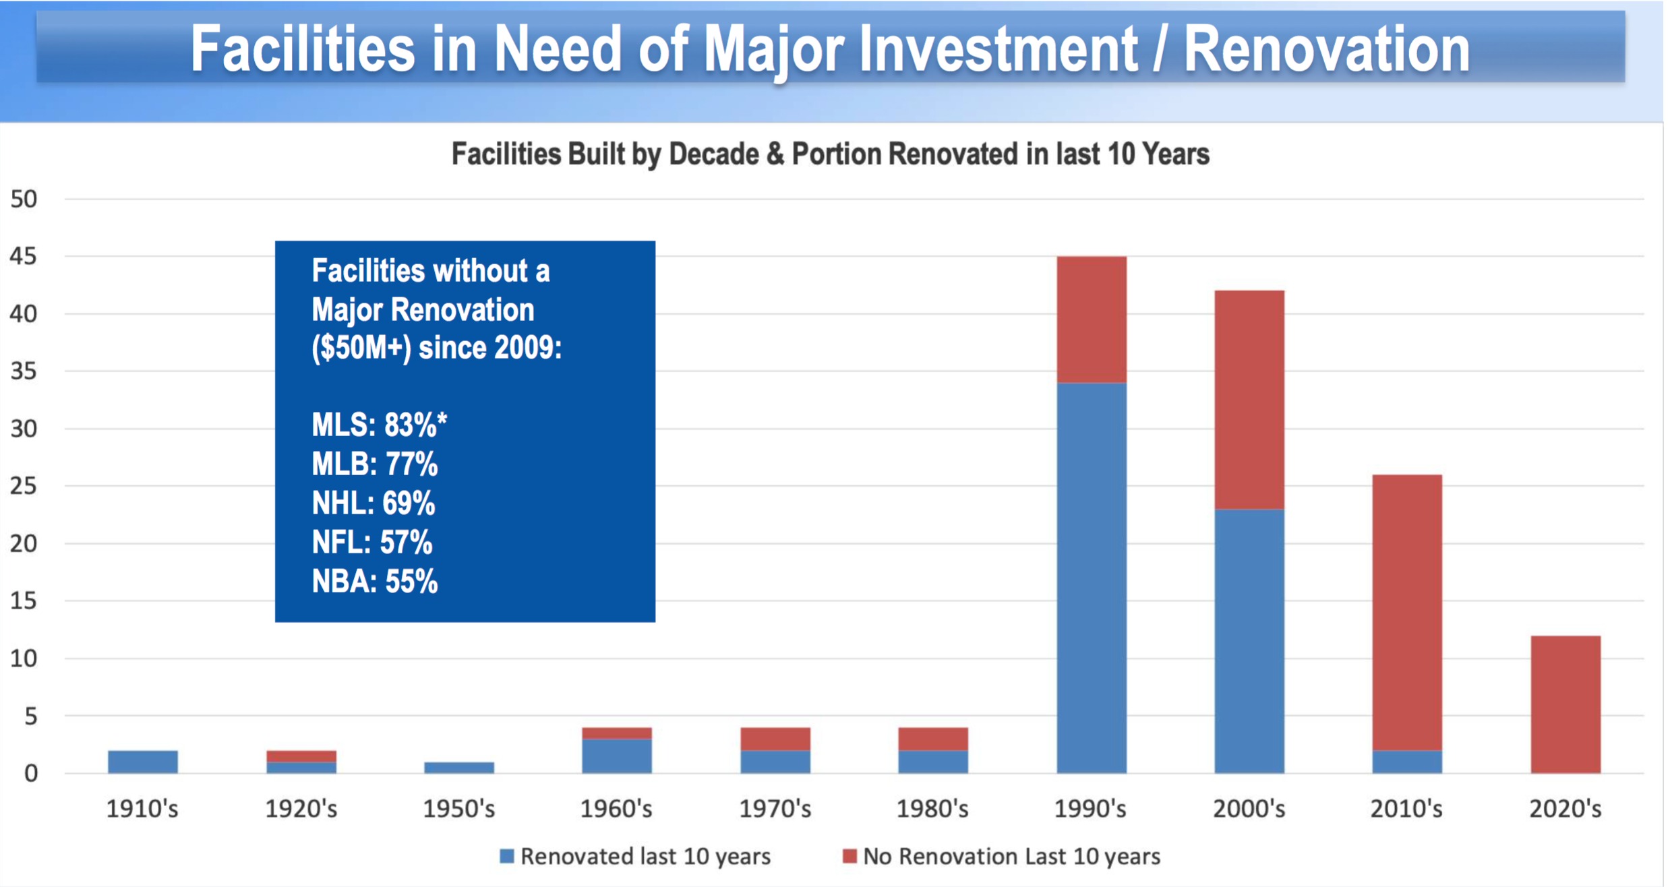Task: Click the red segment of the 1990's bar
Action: (1091, 319)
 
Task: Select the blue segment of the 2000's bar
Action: (1249, 640)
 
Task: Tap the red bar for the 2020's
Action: (1565, 704)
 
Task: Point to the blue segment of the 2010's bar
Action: (1407, 762)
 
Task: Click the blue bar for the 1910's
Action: (143, 762)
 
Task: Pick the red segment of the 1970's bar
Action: (775, 739)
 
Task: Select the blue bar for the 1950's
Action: (459, 768)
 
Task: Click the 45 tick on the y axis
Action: (24, 256)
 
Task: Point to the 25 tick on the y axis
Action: (24, 486)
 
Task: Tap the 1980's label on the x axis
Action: (932, 808)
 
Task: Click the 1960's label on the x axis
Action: (616, 808)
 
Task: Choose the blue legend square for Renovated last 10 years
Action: (507, 856)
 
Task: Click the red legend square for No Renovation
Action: (850, 856)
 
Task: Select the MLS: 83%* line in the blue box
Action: (379, 425)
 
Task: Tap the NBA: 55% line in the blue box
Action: (375, 582)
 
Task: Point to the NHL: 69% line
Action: (374, 503)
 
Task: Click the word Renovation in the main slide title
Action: (1326, 49)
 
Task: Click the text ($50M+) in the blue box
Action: (361, 348)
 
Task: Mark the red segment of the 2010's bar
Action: (1407, 612)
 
